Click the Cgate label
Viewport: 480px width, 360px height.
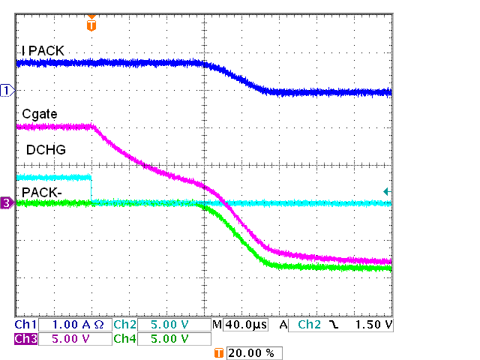pos(37,113)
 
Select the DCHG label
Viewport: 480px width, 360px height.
pos(46,150)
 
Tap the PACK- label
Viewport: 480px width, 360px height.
pos(43,192)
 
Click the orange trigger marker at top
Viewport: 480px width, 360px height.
pos(91,25)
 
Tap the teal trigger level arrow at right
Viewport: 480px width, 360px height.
pos(386,192)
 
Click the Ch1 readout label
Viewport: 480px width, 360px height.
pos(25,325)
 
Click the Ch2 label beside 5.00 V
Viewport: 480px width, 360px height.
pos(125,325)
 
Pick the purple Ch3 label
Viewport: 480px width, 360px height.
pos(25,339)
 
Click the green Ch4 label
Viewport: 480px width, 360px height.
pos(125,339)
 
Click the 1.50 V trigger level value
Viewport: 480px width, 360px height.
pos(375,325)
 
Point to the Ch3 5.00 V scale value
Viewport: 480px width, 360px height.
pos(73,339)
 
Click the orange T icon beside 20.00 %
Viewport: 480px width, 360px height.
pos(219,352)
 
